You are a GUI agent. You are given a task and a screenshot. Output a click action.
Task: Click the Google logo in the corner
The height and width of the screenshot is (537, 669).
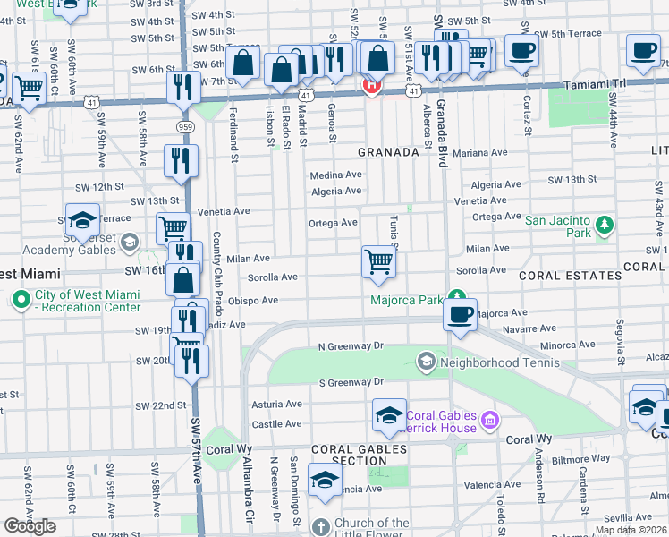point(30,526)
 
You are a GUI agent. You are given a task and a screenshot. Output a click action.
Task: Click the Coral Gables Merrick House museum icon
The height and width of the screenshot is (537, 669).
point(488,419)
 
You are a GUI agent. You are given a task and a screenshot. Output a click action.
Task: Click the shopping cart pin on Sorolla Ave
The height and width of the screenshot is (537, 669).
point(378,261)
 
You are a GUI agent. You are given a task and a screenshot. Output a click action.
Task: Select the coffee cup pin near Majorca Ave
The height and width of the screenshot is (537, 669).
point(460,314)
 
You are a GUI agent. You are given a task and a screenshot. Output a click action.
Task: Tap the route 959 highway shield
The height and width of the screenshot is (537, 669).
point(185,128)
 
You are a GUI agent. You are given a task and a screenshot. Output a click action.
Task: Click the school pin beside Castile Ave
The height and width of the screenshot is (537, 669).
point(389,414)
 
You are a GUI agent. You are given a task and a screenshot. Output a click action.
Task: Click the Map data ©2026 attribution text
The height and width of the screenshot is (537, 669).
point(631,530)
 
